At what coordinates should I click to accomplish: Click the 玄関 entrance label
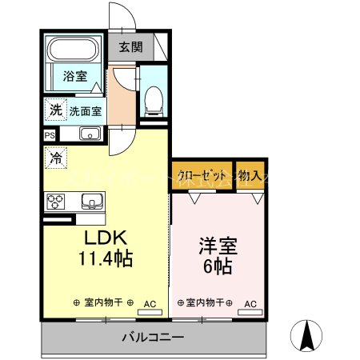131,46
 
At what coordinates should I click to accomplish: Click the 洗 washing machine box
55,110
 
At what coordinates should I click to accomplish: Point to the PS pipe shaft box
50,135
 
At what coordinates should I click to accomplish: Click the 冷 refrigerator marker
55,158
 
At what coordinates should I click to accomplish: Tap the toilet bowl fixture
152,101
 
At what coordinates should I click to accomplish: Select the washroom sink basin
89,134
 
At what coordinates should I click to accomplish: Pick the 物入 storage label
251,175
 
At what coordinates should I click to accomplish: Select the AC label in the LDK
150,303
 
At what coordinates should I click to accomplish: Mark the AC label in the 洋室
250,303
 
